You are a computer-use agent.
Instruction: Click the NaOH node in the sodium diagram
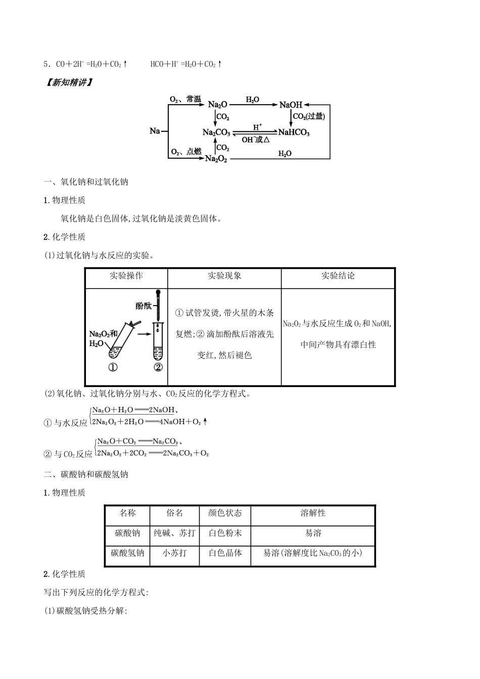coord(291,105)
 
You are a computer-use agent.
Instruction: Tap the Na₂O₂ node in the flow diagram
coord(216,159)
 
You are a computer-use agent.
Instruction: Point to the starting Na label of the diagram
coord(155,131)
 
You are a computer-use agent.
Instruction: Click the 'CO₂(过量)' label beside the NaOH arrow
coord(309,117)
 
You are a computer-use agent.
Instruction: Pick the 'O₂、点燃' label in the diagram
coord(186,152)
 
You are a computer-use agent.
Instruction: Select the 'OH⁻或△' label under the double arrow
coord(256,139)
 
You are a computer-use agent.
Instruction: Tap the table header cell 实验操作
coord(126,276)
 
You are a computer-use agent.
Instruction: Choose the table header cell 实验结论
coord(338,276)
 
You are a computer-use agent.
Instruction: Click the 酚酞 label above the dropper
coord(143,306)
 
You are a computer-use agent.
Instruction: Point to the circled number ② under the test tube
coord(158,367)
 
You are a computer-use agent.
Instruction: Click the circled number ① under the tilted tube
coord(113,367)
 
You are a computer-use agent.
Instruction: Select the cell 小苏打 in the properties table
coord(175,553)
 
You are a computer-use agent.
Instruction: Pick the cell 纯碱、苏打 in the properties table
coord(175,533)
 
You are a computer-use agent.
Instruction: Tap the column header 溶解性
coord(313,513)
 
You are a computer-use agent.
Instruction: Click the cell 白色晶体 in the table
coord(225,553)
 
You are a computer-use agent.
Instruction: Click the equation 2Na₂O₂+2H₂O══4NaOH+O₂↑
coord(150,422)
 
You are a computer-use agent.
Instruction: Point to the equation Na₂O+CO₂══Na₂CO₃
coord(137,442)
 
